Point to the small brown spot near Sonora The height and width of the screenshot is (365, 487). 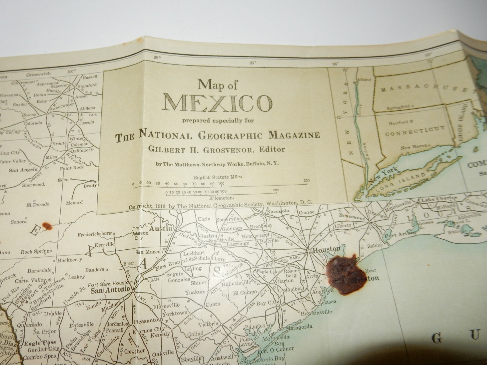point(47,226)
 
